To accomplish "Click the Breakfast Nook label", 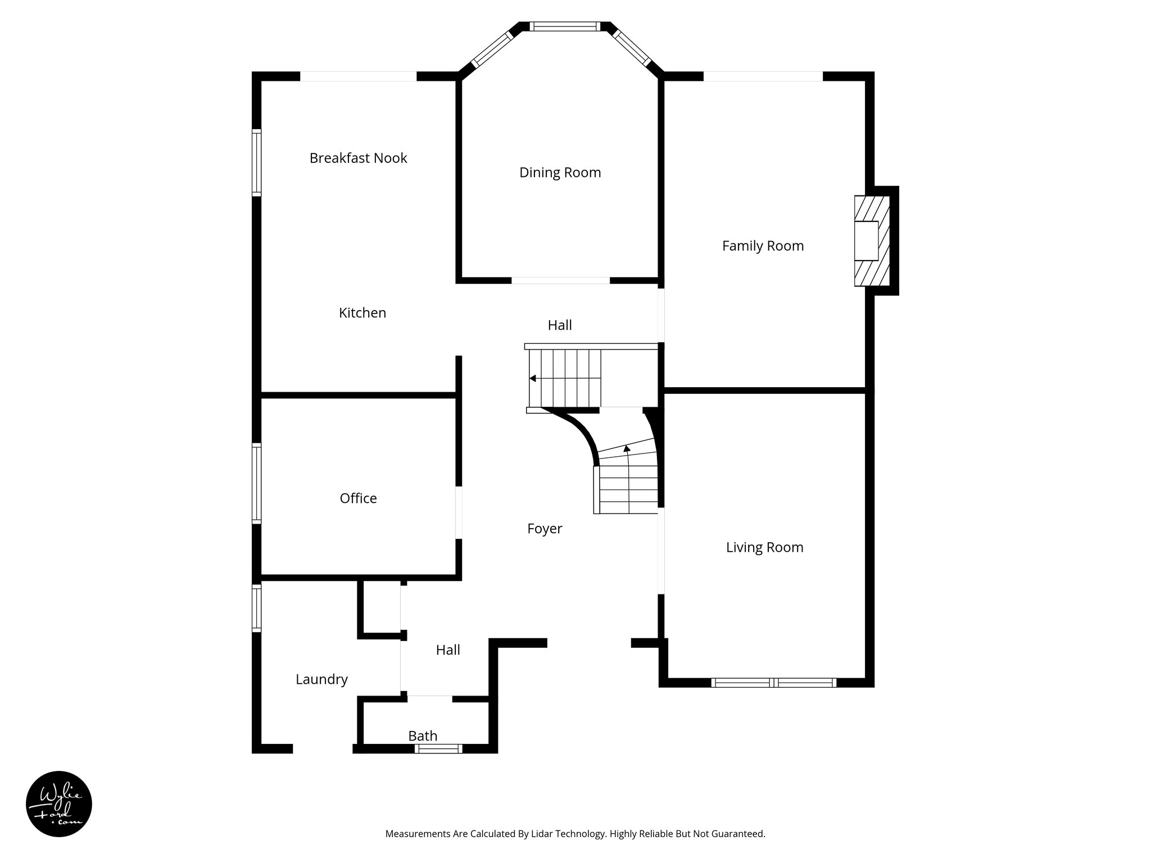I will [358, 158].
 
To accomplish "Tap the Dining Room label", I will [560, 172].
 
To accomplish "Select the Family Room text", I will [763, 246].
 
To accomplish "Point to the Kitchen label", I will [362, 313].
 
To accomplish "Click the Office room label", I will [358, 498].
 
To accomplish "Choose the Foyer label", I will [545, 529].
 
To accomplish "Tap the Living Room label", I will [764, 547].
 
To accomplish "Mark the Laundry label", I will [321, 679].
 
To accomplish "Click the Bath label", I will [423, 735].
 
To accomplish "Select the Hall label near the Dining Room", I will [560, 325].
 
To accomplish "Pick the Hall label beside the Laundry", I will [448, 650].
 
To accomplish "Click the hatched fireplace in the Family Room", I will [872, 240].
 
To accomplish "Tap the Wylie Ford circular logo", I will [59, 804].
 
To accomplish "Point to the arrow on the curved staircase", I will [627, 448].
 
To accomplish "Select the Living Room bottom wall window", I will [774, 683].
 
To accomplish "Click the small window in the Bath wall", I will [438, 748].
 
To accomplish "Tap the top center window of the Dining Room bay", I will [565, 26].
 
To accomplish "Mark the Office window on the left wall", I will [257, 483].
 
